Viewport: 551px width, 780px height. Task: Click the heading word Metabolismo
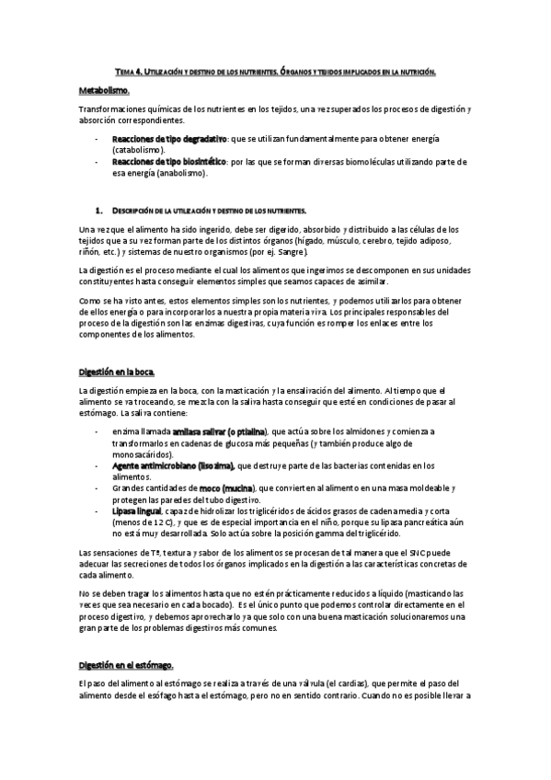point(104,91)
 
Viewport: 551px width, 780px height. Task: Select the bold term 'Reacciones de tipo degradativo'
point(168,137)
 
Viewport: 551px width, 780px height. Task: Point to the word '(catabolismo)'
point(138,148)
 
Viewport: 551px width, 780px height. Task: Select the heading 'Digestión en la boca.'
point(117,372)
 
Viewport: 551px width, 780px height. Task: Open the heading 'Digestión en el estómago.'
point(126,664)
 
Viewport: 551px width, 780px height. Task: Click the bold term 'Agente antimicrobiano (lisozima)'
point(173,465)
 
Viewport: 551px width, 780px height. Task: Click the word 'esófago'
point(193,696)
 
